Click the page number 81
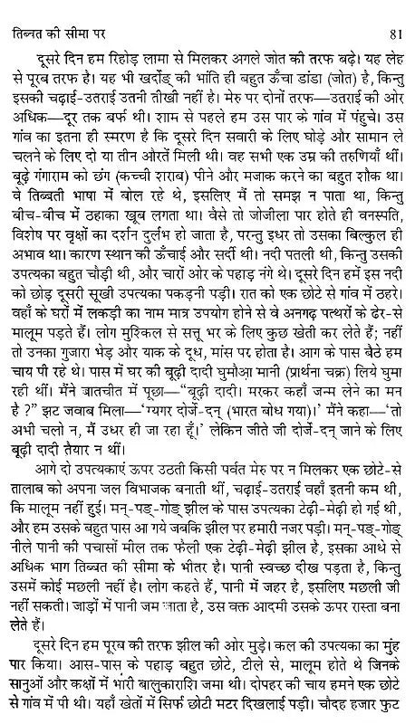(x=400, y=11)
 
